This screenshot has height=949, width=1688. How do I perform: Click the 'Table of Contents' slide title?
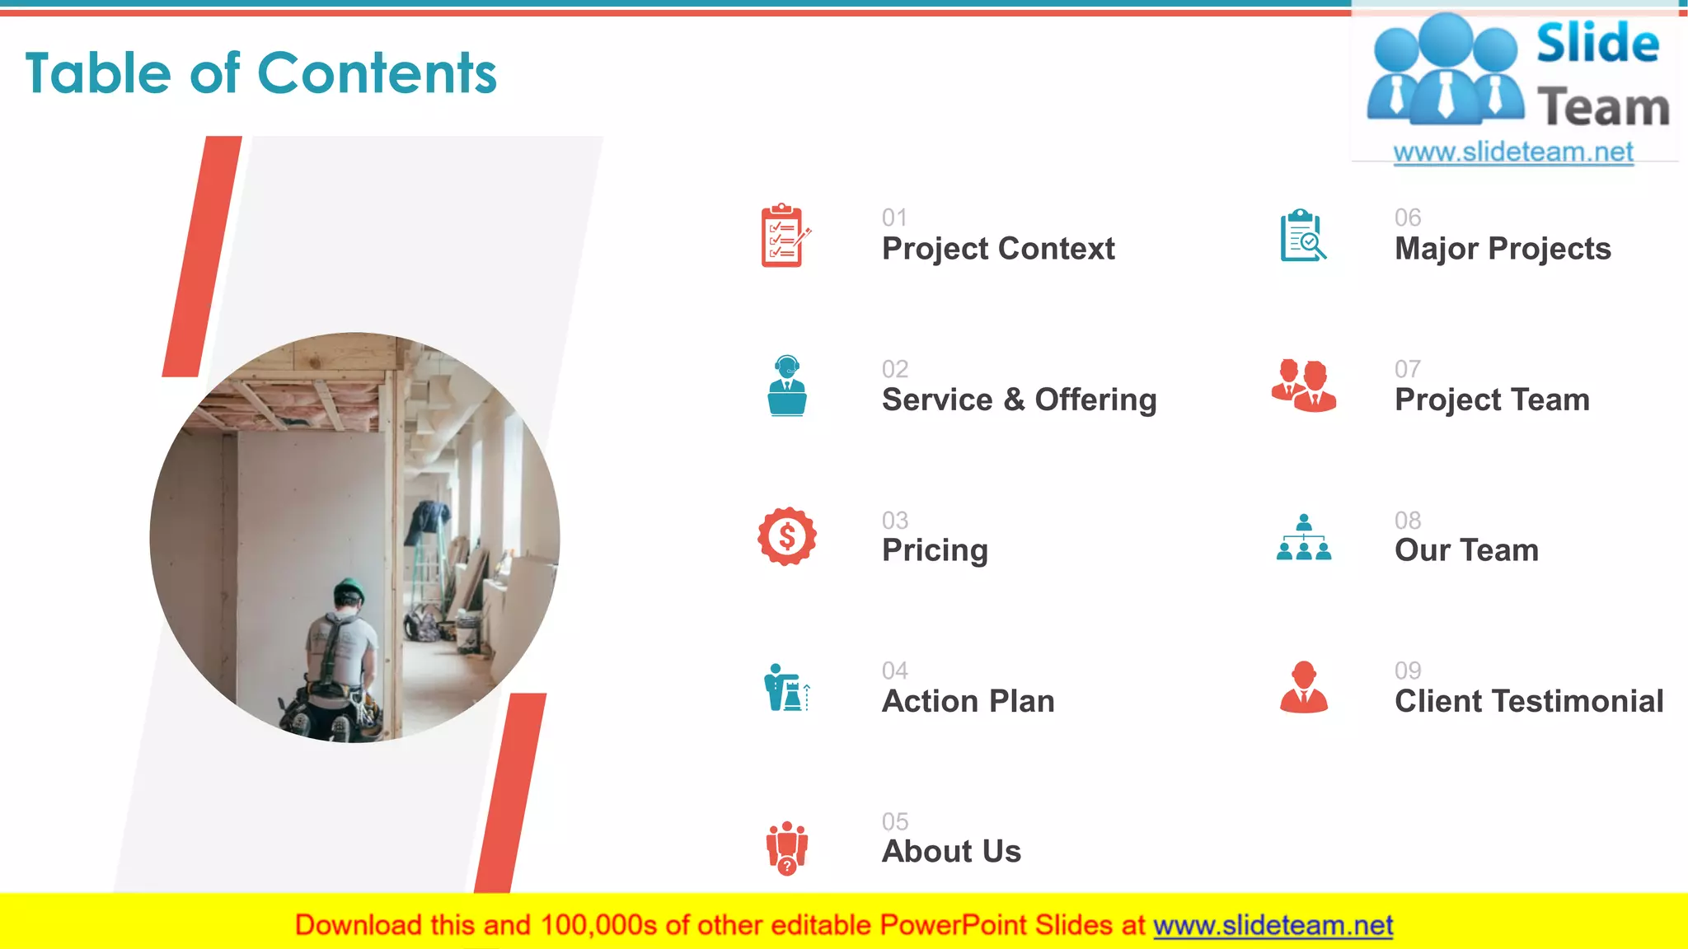tap(260, 73)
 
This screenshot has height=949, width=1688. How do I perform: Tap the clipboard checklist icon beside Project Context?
tap(784, 236)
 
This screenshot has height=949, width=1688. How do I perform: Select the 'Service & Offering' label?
tap(1019, 400)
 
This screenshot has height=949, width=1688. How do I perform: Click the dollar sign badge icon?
tap(787, 536)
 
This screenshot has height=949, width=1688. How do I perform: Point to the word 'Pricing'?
tap(935, 550)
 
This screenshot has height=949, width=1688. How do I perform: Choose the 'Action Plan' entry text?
tap(968, 701)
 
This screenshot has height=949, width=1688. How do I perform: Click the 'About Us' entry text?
tap(951, 851)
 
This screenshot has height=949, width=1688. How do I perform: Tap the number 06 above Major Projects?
tap(1407, 217)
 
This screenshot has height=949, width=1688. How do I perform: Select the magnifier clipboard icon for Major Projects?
tap(1302, 236)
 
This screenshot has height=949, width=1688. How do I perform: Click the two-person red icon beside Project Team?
tap(1303, 386)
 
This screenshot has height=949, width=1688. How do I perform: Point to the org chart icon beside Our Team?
tap(1303, 537)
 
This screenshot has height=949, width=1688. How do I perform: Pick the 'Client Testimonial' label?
tap(1528, 701)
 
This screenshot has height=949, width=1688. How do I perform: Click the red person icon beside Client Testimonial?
tap(1303, 687)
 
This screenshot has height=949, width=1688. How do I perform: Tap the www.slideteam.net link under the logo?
tap(1512, 152)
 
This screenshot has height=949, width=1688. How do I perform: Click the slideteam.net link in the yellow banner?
tap(1273, 925)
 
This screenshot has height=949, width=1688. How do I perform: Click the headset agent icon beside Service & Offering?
tap(787, 386)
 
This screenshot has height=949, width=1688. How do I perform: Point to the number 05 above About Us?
tap(894, 821)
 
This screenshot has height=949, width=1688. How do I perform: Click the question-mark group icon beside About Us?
tap(787, 847)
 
